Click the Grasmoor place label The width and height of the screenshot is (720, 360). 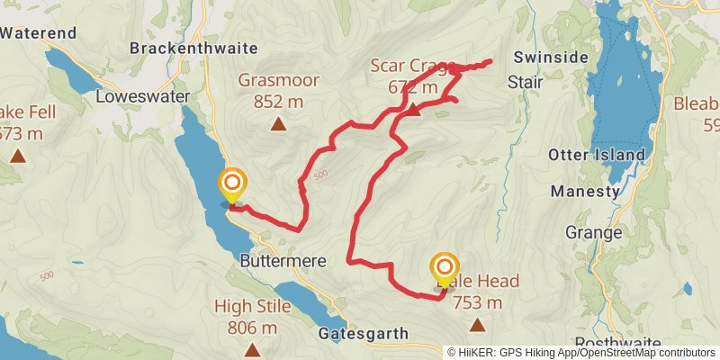click(278, 80)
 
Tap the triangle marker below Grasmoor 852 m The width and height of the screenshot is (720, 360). click(279, 124)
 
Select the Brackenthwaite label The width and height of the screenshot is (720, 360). click(194, 48)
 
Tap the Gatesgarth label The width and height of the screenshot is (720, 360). click(363, 334)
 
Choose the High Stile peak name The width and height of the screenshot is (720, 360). click(253, 307)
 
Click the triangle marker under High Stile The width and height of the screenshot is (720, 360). click(253, 349)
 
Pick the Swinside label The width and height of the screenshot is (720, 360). click(544, 57)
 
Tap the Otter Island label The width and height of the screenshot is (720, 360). click(597, 155)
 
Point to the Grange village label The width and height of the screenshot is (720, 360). click(593, 233)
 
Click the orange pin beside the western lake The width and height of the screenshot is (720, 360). click(232, 184)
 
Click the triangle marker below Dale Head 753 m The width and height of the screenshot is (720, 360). click(477, 324)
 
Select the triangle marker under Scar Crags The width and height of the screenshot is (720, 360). click(413, 110)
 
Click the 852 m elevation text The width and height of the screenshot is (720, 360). click(278, 102)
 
